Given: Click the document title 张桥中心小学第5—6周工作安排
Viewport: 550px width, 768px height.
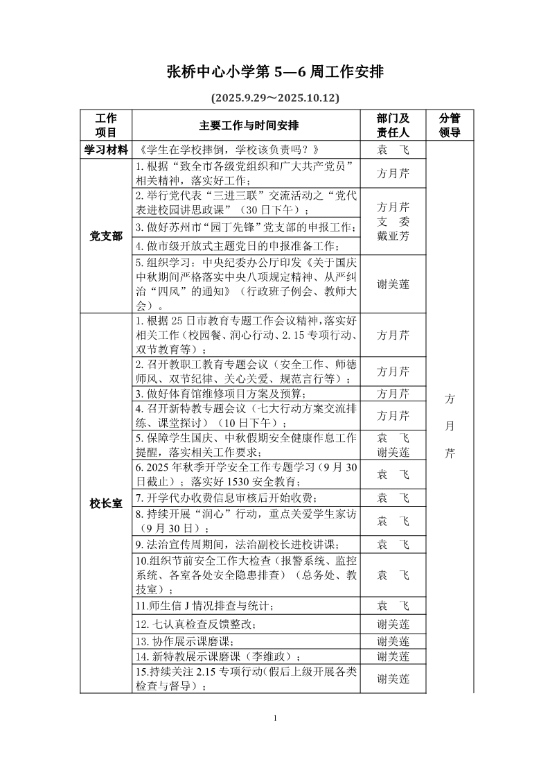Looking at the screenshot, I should tap(275, 72).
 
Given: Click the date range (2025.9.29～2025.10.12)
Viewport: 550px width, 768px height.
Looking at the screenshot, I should tap(275, 98).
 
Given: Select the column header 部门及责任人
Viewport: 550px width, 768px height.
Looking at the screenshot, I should tap(393, 125).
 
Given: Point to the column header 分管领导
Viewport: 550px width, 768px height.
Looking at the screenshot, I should tap(450, 125).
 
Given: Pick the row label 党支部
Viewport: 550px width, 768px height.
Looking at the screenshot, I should tap(106, 236).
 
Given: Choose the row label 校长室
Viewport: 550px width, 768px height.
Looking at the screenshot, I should tap(106, 504).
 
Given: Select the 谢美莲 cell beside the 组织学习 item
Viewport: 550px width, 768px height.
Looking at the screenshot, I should tap(393, 284).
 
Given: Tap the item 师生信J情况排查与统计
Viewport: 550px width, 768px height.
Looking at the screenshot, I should tap(205, 606).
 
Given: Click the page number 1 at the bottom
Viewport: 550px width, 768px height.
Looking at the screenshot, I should tap(275, 717).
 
